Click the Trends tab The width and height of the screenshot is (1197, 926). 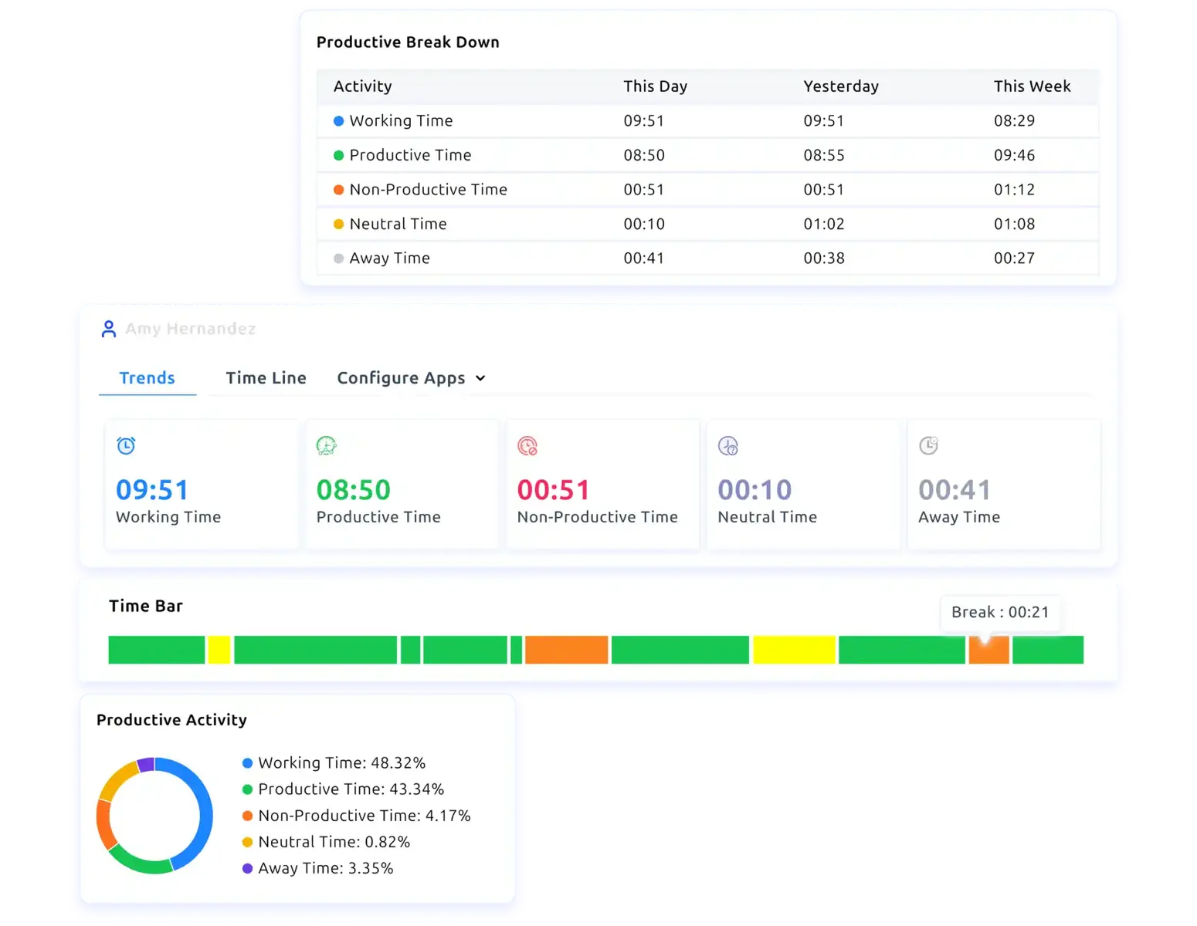pyautogui.click(x=147, y=378)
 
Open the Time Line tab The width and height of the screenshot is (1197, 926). pyautogui.click(x=266, y=378)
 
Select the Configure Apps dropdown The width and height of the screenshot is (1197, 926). pyautogui.click(x=411, y=378)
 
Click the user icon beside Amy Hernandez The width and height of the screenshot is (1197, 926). pyautogui.click(x=109, y=330)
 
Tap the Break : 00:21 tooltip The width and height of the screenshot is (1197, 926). pyautogui.click(x=1000, y=613)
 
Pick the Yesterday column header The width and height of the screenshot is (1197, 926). pyautogui.click(x=841, y=86)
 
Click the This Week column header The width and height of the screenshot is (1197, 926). pyautogui.click(x=1032, y=86)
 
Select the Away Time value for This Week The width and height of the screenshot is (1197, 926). pyautogui.click(x=1014, y=259)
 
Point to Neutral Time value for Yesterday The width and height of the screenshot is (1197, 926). pyautogui.click(x=824, y=224)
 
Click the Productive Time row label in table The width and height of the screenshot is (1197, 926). pyautogui.click(x=410, y=155)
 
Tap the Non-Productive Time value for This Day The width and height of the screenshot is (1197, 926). pyautogui.click(x=644, y=190)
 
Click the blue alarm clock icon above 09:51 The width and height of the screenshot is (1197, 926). pyautogui.click(x=126, y=446)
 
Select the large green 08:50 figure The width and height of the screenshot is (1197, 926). pyautogui.click(x=354, y=490)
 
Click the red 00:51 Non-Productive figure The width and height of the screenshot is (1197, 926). pyautogui.click(x=554, y=490)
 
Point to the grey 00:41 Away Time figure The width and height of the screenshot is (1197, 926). pyautogui.click(x=955, y=490)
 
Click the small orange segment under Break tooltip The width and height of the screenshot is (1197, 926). pyautogui.click(x=989, y=651)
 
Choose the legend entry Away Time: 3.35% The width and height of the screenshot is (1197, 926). pyautogui.click(x=325, y=868)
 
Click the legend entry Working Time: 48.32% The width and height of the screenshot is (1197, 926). pyautogui.click(x=341, y=763)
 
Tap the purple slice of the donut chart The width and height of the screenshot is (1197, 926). pyautogui.click(x=145, y=765)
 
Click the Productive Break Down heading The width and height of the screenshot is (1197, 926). pyautogui.click(x=408, y=42)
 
